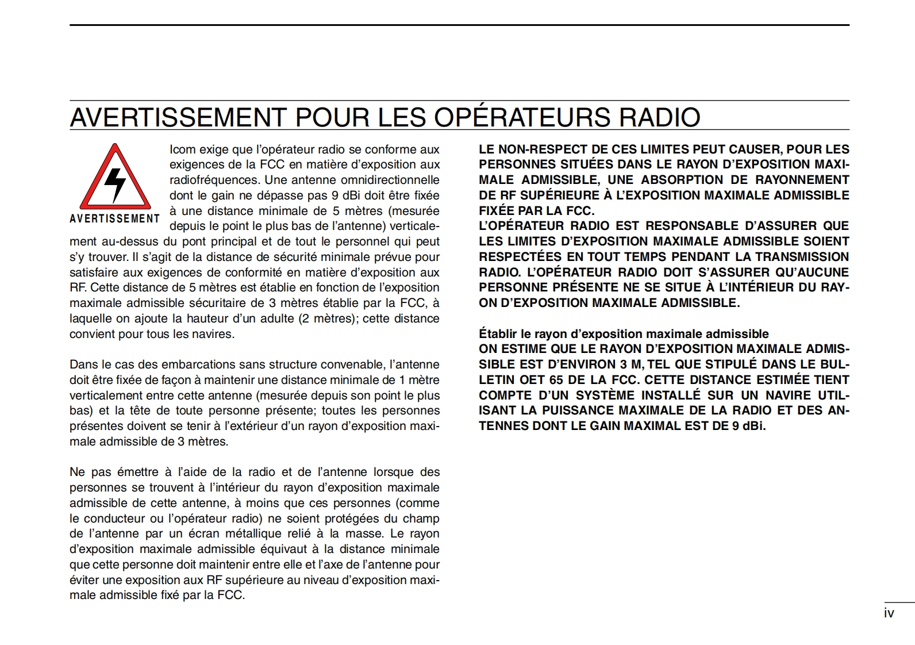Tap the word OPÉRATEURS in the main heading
522,117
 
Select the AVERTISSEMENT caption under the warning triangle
115,219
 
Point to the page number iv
889,613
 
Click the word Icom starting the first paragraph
182,149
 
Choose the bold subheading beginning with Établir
624,334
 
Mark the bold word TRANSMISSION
802,257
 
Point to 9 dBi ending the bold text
749,426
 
